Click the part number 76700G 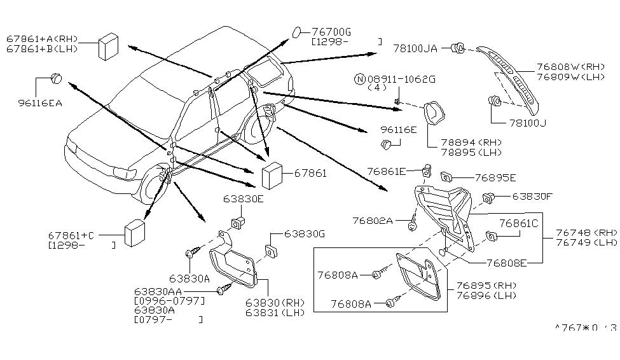pyautogui.click(x=331, y=32)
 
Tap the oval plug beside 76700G pyautogui.click(x=297, y=32)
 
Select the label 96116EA pyautogui.click(x=40, y=103)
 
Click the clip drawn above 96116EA pyautogui.click(x=56, y=78)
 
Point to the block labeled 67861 pyautogui.click(x=272, y=176)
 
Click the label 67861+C pyautogui.click(x=71, y=236)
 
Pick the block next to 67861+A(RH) pyautogui.click(x=108, y=46)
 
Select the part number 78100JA pyautogui.click(x=415, y=49)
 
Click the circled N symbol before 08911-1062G pyautogui.click(x=359, y=80)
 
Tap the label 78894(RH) pyautogui.click(x=471, y=142)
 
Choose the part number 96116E pyautogui.click(x=399, y=130)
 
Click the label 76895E pyautogui.click(x=495, y=178)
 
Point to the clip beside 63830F pyautogui.click(x=489, y=198)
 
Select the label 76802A pyautogui.click(x=373, y=221)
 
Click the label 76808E pyautogui.click(x=507, y=263)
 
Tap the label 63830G pyautogui.click(x=305, y=234)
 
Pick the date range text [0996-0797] pyautogui.click(x=170, y=301)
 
